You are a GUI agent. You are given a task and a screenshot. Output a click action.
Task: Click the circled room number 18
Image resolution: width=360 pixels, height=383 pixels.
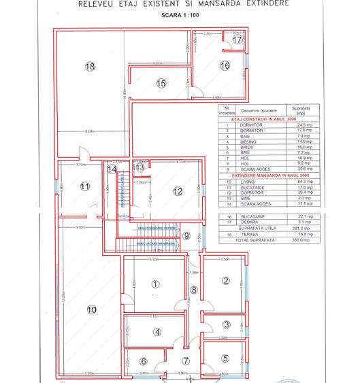90,66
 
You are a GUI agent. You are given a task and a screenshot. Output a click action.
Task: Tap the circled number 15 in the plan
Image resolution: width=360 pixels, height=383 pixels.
161,84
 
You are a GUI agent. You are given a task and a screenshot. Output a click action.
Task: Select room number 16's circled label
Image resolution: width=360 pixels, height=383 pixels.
225,66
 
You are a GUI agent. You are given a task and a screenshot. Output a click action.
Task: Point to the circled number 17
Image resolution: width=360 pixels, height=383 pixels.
237,40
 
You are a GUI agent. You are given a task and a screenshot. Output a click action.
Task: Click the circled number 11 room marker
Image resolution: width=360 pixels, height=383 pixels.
85,186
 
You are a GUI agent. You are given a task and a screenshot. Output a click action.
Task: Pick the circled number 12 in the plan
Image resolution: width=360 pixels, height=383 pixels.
178,192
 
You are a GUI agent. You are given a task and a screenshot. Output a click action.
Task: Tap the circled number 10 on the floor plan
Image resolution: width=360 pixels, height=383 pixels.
92,310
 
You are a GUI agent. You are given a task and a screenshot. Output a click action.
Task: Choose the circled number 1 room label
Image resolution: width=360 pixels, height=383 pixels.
156,284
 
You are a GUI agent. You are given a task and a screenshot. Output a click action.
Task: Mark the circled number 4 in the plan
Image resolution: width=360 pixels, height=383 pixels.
157,332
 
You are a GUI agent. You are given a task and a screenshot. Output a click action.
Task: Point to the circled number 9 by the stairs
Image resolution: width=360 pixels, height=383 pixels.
186,235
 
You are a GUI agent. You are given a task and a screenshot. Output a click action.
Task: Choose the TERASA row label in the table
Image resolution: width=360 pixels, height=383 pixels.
246,235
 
